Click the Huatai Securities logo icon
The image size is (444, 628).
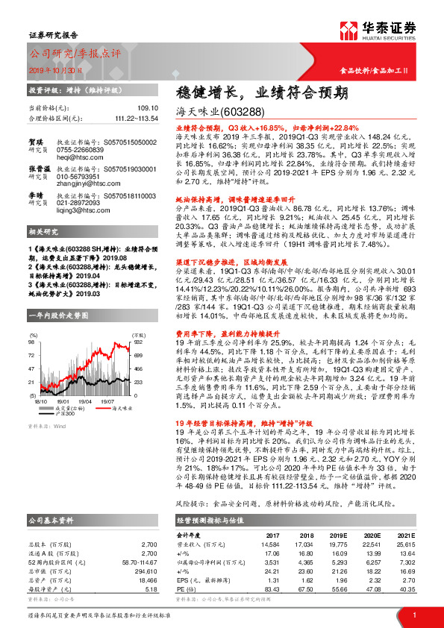tap(348, 30)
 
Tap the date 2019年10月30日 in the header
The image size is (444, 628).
tap(57, 68)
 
